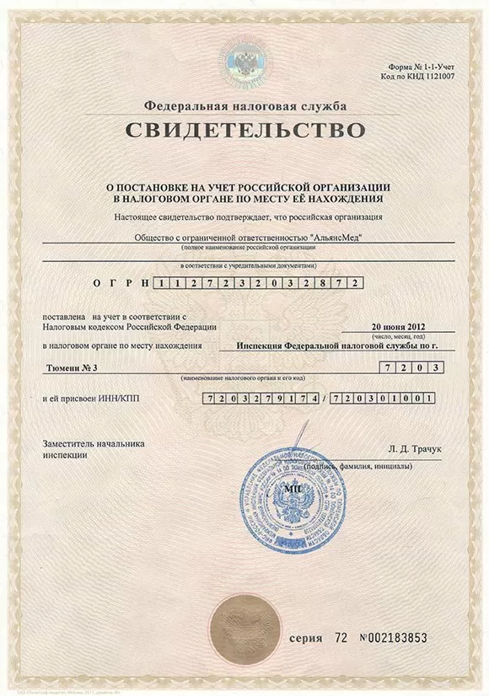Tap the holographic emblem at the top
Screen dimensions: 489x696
(244, 61)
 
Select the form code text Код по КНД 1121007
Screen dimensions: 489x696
(429, 75)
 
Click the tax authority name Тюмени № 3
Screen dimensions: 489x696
(73, 369)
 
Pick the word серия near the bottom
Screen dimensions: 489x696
(305, 639)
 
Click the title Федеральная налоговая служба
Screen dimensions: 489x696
(244, 106)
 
